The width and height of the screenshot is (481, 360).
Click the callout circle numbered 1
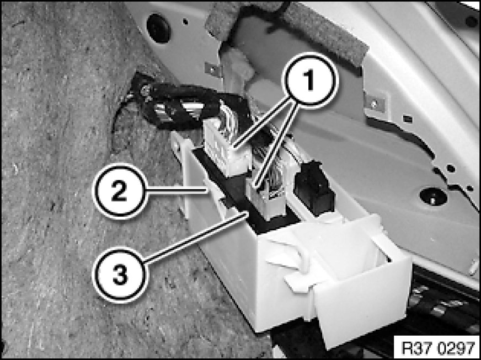pos(311,80)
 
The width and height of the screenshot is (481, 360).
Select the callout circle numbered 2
pos(120,191)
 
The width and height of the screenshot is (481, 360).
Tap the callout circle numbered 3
pos(120,275)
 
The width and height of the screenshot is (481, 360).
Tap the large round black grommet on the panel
pos(159,28)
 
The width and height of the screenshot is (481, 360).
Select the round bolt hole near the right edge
pos(433,196)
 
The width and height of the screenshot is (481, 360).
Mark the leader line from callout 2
pos(177,191)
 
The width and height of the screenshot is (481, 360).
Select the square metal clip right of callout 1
pos(375,104)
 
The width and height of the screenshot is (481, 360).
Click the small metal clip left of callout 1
pos(213,69)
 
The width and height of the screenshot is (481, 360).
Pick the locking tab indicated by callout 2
pos(215,192)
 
